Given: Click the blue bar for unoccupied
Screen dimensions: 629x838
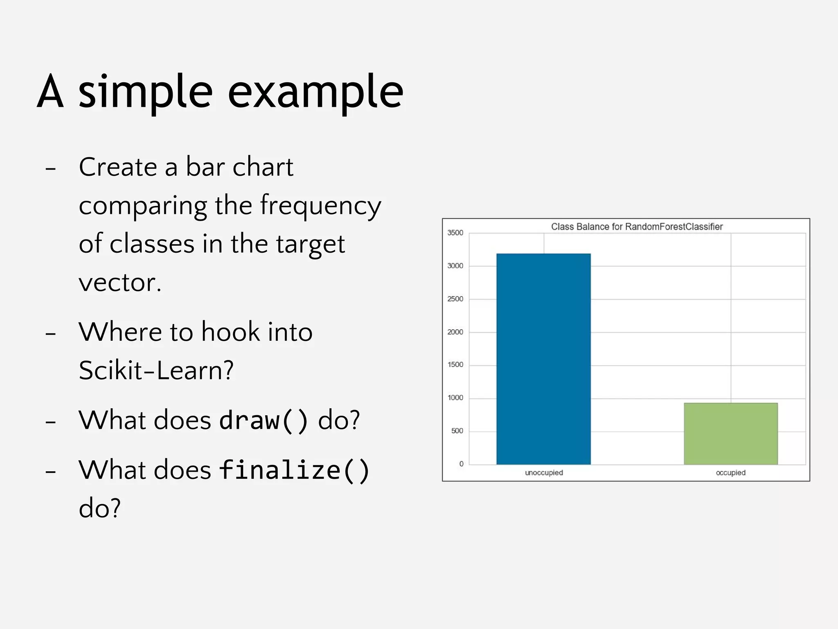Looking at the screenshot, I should (x=543, y=359).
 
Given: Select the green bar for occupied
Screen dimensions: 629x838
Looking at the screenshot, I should (x=730, y=434).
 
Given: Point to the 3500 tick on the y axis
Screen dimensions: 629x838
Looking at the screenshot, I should (x=455, y=233).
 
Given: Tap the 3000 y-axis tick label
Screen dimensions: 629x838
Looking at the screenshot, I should (x=455, y=266).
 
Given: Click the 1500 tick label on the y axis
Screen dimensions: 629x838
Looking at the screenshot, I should (x=455, y=365).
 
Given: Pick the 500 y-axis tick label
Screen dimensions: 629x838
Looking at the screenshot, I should (x=457, y=431).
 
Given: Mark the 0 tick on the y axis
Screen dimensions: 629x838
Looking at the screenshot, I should (x=461, y=464).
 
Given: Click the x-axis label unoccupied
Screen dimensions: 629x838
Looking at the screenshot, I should (x=544, y=473).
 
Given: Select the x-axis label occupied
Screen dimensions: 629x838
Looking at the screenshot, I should (x=730, y=473).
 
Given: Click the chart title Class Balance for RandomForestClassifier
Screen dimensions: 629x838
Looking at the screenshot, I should (x=637, y=226).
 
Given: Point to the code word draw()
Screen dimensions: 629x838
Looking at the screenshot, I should (x=263, y=420).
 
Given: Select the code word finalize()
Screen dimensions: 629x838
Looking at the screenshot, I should (x=294, y=470).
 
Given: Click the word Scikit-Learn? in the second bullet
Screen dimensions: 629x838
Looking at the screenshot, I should (x=156, y=370).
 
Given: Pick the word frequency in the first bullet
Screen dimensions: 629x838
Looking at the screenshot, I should (x=320, y=206).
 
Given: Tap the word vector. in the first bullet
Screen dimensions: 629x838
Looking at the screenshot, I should (x=120, y=283).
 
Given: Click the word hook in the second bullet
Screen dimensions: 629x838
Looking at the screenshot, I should (x=230, y=332).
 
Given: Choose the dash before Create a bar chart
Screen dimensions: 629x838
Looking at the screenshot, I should (x=50, y=168).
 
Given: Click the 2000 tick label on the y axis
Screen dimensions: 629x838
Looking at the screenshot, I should (x=455, y=332).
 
